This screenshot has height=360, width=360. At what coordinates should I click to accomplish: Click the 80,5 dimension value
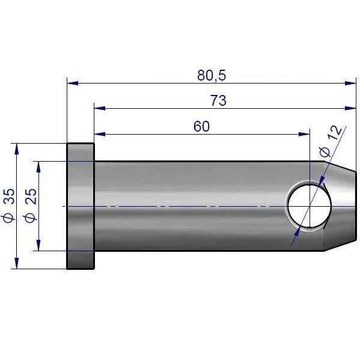tap(212, 75)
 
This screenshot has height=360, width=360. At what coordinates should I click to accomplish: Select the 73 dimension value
tap(218, 100)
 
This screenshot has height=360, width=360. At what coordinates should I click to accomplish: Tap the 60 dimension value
tap(201, 126)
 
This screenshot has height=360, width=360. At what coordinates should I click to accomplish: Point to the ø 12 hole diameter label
tap(331, 142)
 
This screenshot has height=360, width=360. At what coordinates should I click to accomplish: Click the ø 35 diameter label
tap(9, 206)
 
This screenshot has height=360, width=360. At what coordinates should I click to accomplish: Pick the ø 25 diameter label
tap(31, 206)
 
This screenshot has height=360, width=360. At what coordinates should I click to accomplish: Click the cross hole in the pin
tap(310, 206)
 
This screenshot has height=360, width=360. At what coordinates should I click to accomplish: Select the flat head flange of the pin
tap(81, 206)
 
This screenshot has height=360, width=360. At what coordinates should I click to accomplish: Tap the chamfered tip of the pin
tap(340, 206)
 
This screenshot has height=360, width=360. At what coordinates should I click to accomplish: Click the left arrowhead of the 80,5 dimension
tap(72, 83)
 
